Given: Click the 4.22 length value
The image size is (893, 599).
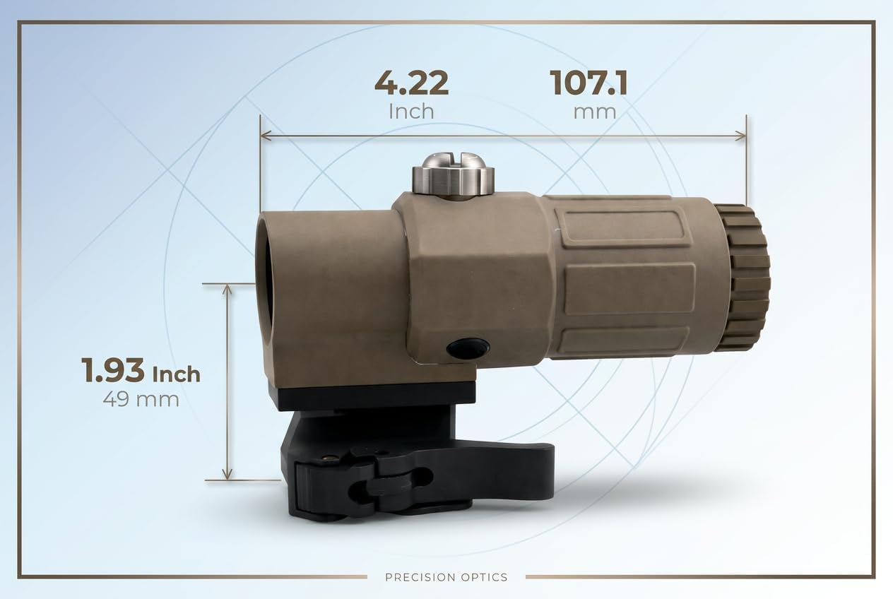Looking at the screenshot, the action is (x=411, y=83).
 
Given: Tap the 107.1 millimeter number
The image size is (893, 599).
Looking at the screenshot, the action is (x=589, y=83).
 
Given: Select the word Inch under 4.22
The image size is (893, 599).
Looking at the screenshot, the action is (x=411, y=112).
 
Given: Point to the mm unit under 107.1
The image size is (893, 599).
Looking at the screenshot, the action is (x=594, y=113).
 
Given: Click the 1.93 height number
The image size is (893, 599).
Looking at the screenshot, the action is (x=113, y=370).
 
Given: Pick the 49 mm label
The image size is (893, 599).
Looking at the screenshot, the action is (x=141, y=399).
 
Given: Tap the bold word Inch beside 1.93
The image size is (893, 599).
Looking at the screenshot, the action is (x=176, y=374).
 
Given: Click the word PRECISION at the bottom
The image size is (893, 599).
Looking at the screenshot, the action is (x=418, y=577).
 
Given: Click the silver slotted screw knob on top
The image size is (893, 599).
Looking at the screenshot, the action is (x=454, y=174).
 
